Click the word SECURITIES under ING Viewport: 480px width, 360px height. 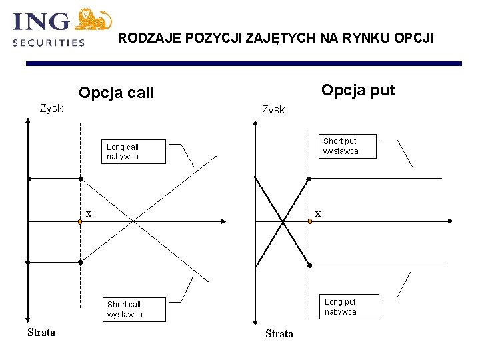pyautogui.click(x=49, y=42)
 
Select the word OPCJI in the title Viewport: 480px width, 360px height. pyautogui.click(x=414, y=38)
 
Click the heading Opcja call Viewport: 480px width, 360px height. pyautogui.click(x=116, y=93)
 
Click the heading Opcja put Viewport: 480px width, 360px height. pyautogui.click(x=358, y=90)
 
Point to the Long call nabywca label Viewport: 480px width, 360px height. pyautogui.click(x=123, y=152)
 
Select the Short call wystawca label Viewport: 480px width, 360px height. pyautogui.click(x=125, y=309)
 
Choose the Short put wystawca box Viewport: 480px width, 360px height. pyautogui.click(x=340, y=146)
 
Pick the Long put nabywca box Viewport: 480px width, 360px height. pyautogui.click(x=340, y=307)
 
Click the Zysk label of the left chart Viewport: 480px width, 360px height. pyautogui.click(x=51, y=108)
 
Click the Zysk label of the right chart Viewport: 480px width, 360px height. pyautogui.click(x=273, y=109)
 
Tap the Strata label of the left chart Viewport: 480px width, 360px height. pyautogui.click(x=41, y=332)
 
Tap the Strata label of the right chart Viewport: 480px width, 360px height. pyautogui.click(x=279, y=333)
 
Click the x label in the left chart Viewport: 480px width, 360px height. pyautogui.click(x=88, y=213)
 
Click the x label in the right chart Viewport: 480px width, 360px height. pyautogui.click(x=318, y=213)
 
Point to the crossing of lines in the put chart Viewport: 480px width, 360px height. pyautogui.click(x=283, y=221)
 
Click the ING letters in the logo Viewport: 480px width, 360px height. pyautogui.click(x=41, y=21)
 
